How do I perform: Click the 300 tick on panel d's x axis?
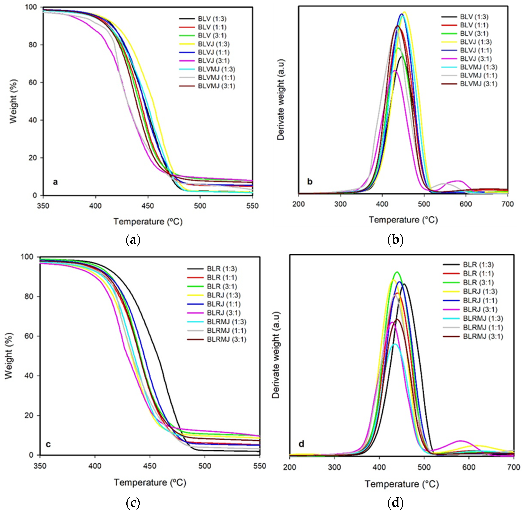point(334,467)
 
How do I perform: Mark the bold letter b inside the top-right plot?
point(310,182)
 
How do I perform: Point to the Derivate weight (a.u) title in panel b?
point(281,100)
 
